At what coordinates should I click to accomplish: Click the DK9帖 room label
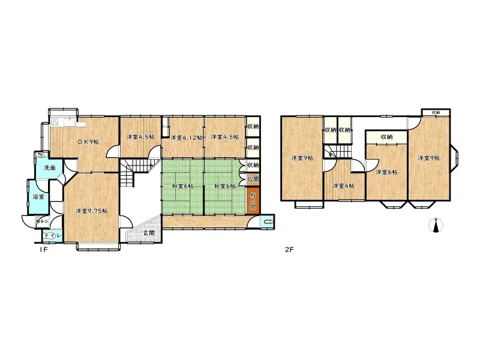click(x=88, y=142)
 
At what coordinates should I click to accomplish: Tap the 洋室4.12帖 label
click(x=185, y=137)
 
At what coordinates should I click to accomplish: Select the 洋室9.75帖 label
click(x=91, y=211)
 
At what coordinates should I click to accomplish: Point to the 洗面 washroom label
click(x=49, y=167)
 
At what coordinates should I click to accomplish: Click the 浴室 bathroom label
click(x=37, y=196)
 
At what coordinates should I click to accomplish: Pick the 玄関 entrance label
click(x=148, y=233)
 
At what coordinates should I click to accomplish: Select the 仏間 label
click(x=253, y=178)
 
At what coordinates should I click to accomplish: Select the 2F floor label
click(x=289, y=249)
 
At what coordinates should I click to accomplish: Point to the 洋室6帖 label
click(x=386, y=172)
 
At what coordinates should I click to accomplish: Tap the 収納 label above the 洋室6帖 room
click(x=386, y=137)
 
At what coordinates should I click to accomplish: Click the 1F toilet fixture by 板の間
click(x=266, y=222)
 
